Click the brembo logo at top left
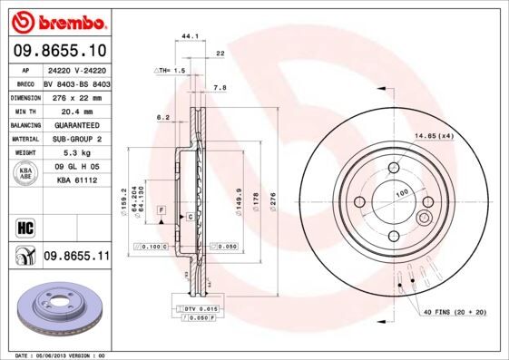coord(56,20)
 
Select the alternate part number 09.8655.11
coord(76,257)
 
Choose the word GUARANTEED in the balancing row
coord(76,124)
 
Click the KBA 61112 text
coord(76,181)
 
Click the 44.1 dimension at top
coord(190,37)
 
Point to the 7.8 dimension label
coord(218,88)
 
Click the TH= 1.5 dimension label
coord(170,69)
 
